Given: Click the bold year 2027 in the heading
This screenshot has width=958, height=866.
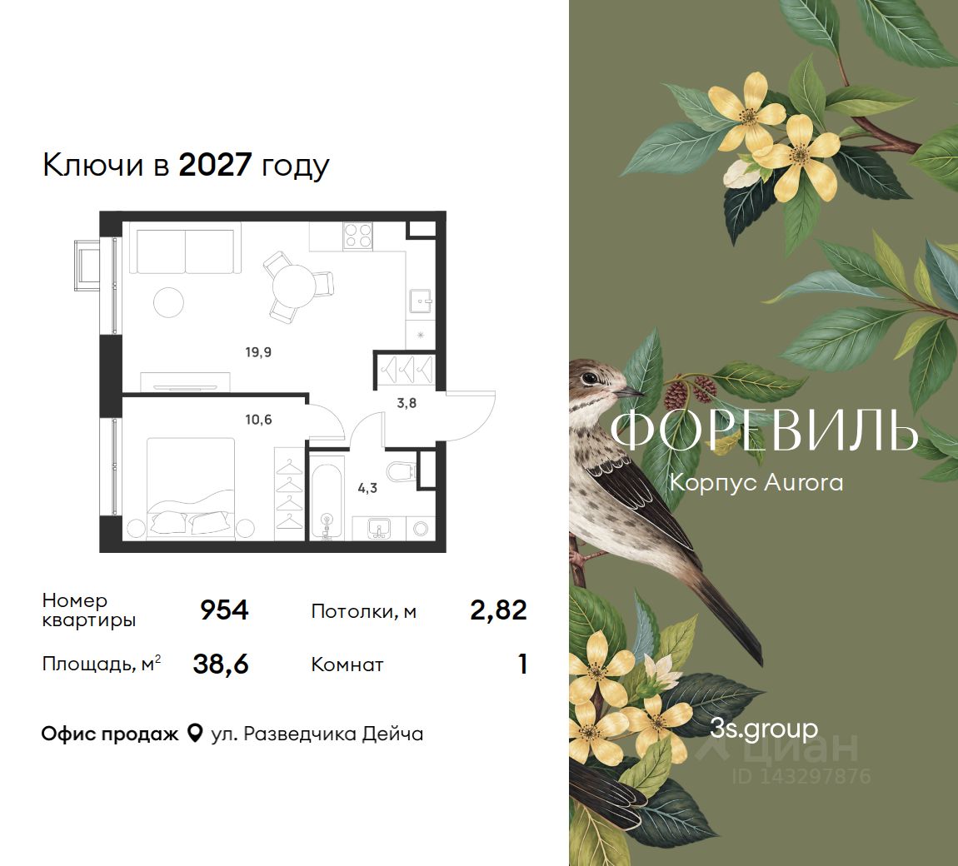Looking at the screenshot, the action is point(215,164).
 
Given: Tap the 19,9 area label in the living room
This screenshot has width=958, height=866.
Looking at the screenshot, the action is point(258,352).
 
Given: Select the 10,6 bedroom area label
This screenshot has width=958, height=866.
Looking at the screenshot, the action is point(258,420).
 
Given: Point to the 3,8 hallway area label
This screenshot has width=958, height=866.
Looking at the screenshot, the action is point(407,403).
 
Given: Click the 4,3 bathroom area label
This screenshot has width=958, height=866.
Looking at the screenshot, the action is point(367,488).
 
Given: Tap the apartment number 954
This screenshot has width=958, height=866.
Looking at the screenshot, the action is point(224,610).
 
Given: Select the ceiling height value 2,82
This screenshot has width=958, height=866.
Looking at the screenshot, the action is point(498,610).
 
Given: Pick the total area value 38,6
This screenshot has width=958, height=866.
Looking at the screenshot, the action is point(221,664).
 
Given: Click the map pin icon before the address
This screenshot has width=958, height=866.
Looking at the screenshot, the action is point(194,733).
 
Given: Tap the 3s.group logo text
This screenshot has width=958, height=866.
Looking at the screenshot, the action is point(764,729).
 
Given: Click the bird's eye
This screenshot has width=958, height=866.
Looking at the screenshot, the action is point(590,378).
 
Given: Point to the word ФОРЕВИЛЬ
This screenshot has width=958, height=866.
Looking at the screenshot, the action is point(764,430).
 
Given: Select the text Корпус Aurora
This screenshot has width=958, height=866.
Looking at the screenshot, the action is point(756,482).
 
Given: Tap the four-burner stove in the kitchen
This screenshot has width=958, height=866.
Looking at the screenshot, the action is point(358,236).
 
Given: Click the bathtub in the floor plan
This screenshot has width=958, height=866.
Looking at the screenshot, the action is point(327,497).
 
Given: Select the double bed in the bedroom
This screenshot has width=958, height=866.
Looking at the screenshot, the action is point(190,489).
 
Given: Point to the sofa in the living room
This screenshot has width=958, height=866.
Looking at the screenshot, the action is point(185,251).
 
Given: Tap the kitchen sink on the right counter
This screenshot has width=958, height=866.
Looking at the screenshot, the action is point(421,299).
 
